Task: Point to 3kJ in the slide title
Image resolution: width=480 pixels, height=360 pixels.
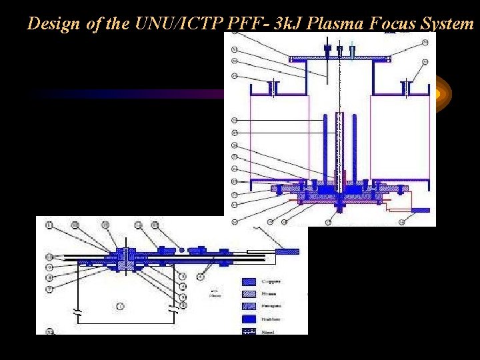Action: point(273,23)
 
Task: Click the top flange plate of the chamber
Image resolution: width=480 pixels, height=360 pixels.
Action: point(339,59)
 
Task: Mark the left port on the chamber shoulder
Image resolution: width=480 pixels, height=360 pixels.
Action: point(272,87)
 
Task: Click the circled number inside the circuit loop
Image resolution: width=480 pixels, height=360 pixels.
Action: point(120,306)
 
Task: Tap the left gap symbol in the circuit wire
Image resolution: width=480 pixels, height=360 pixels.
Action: point(79,311)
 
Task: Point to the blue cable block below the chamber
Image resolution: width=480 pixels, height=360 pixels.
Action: point(420,210)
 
